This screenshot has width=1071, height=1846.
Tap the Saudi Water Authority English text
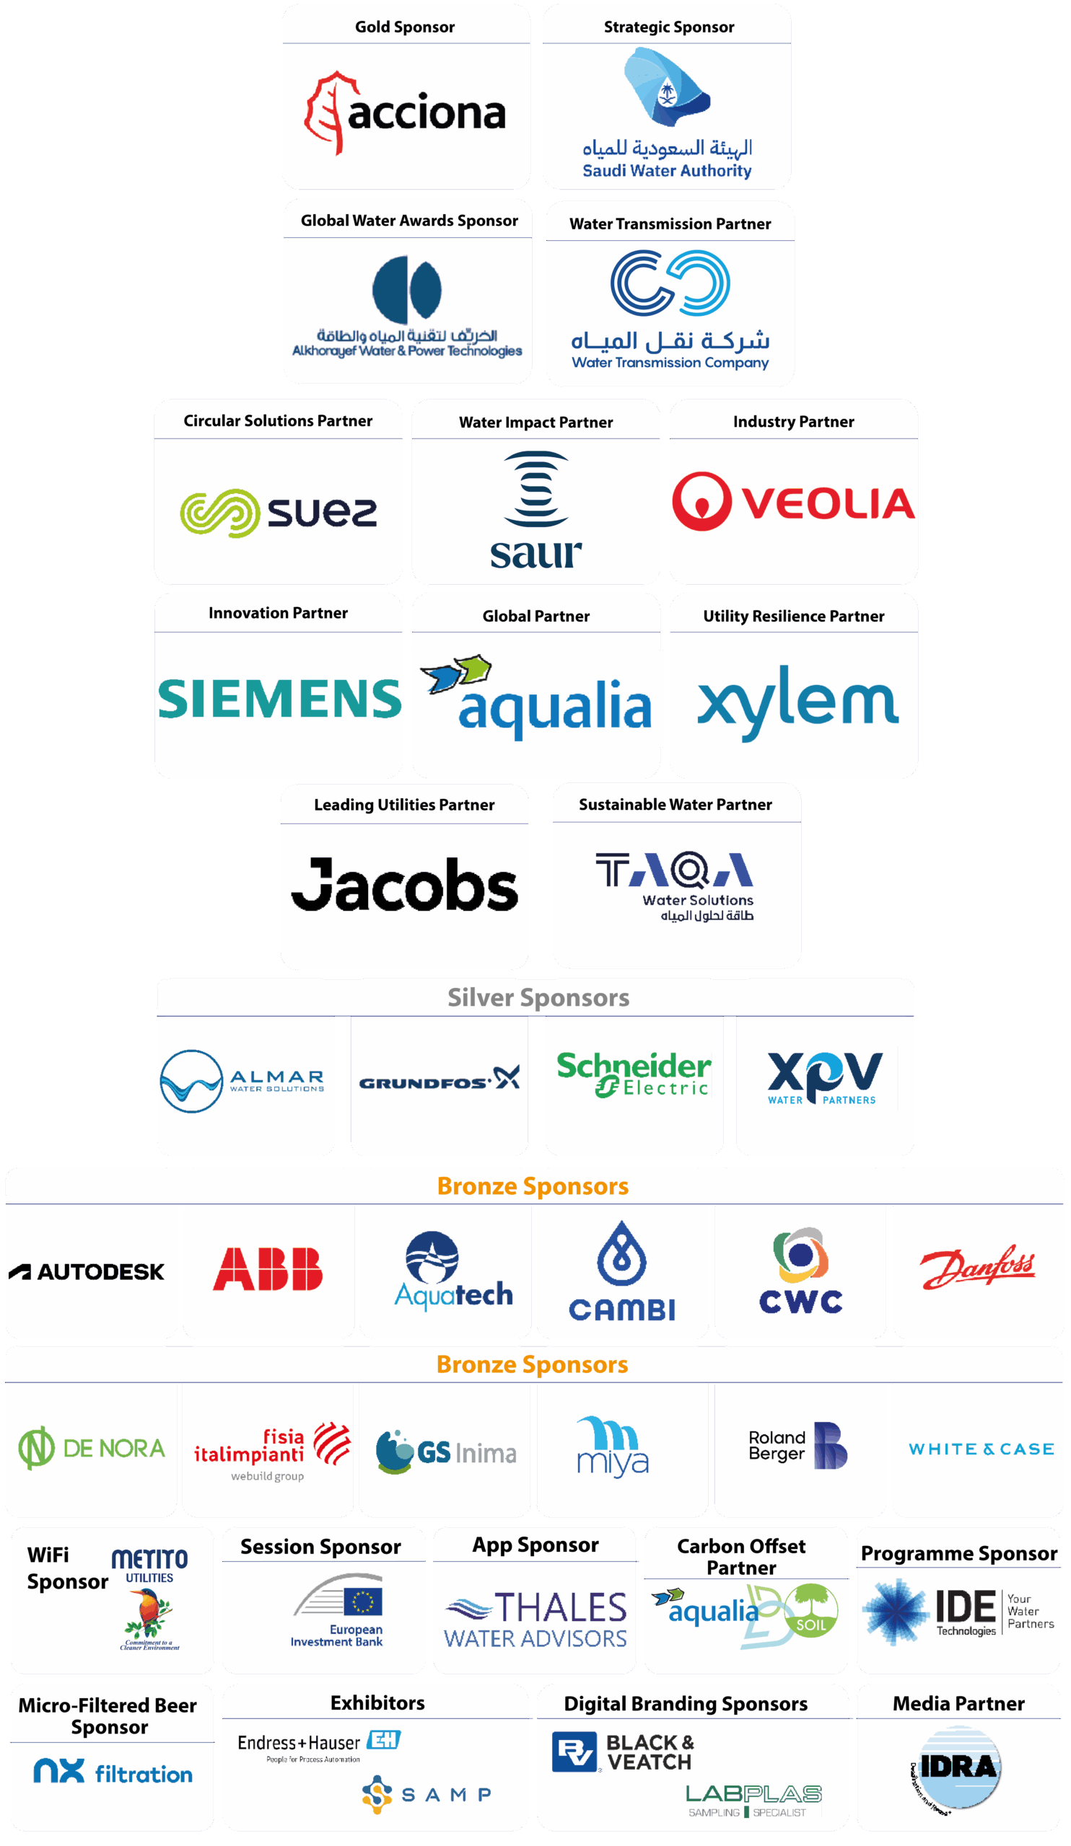pos(666,171)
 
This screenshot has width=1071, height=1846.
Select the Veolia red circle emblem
pos(701,502)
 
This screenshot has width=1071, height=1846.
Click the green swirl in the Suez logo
pos(219,513)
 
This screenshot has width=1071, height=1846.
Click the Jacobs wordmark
pos(404,885)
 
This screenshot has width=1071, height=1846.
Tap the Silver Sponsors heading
pos(538,998)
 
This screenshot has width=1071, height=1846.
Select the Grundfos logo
pos(439,1079)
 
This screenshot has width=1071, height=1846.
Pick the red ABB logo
pos(268,1270)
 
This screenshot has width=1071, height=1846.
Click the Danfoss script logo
pos(977,1266)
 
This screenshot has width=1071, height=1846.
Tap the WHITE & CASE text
pos(981,1449)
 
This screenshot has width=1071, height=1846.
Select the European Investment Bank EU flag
pos(363,1602)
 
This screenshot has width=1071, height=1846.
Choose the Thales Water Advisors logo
pos(535,1620)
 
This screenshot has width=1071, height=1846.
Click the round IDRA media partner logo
pos(958,1768)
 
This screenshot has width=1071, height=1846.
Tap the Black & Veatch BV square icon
pos(574,1752)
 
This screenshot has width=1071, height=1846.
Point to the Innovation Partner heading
pos(278,613)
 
